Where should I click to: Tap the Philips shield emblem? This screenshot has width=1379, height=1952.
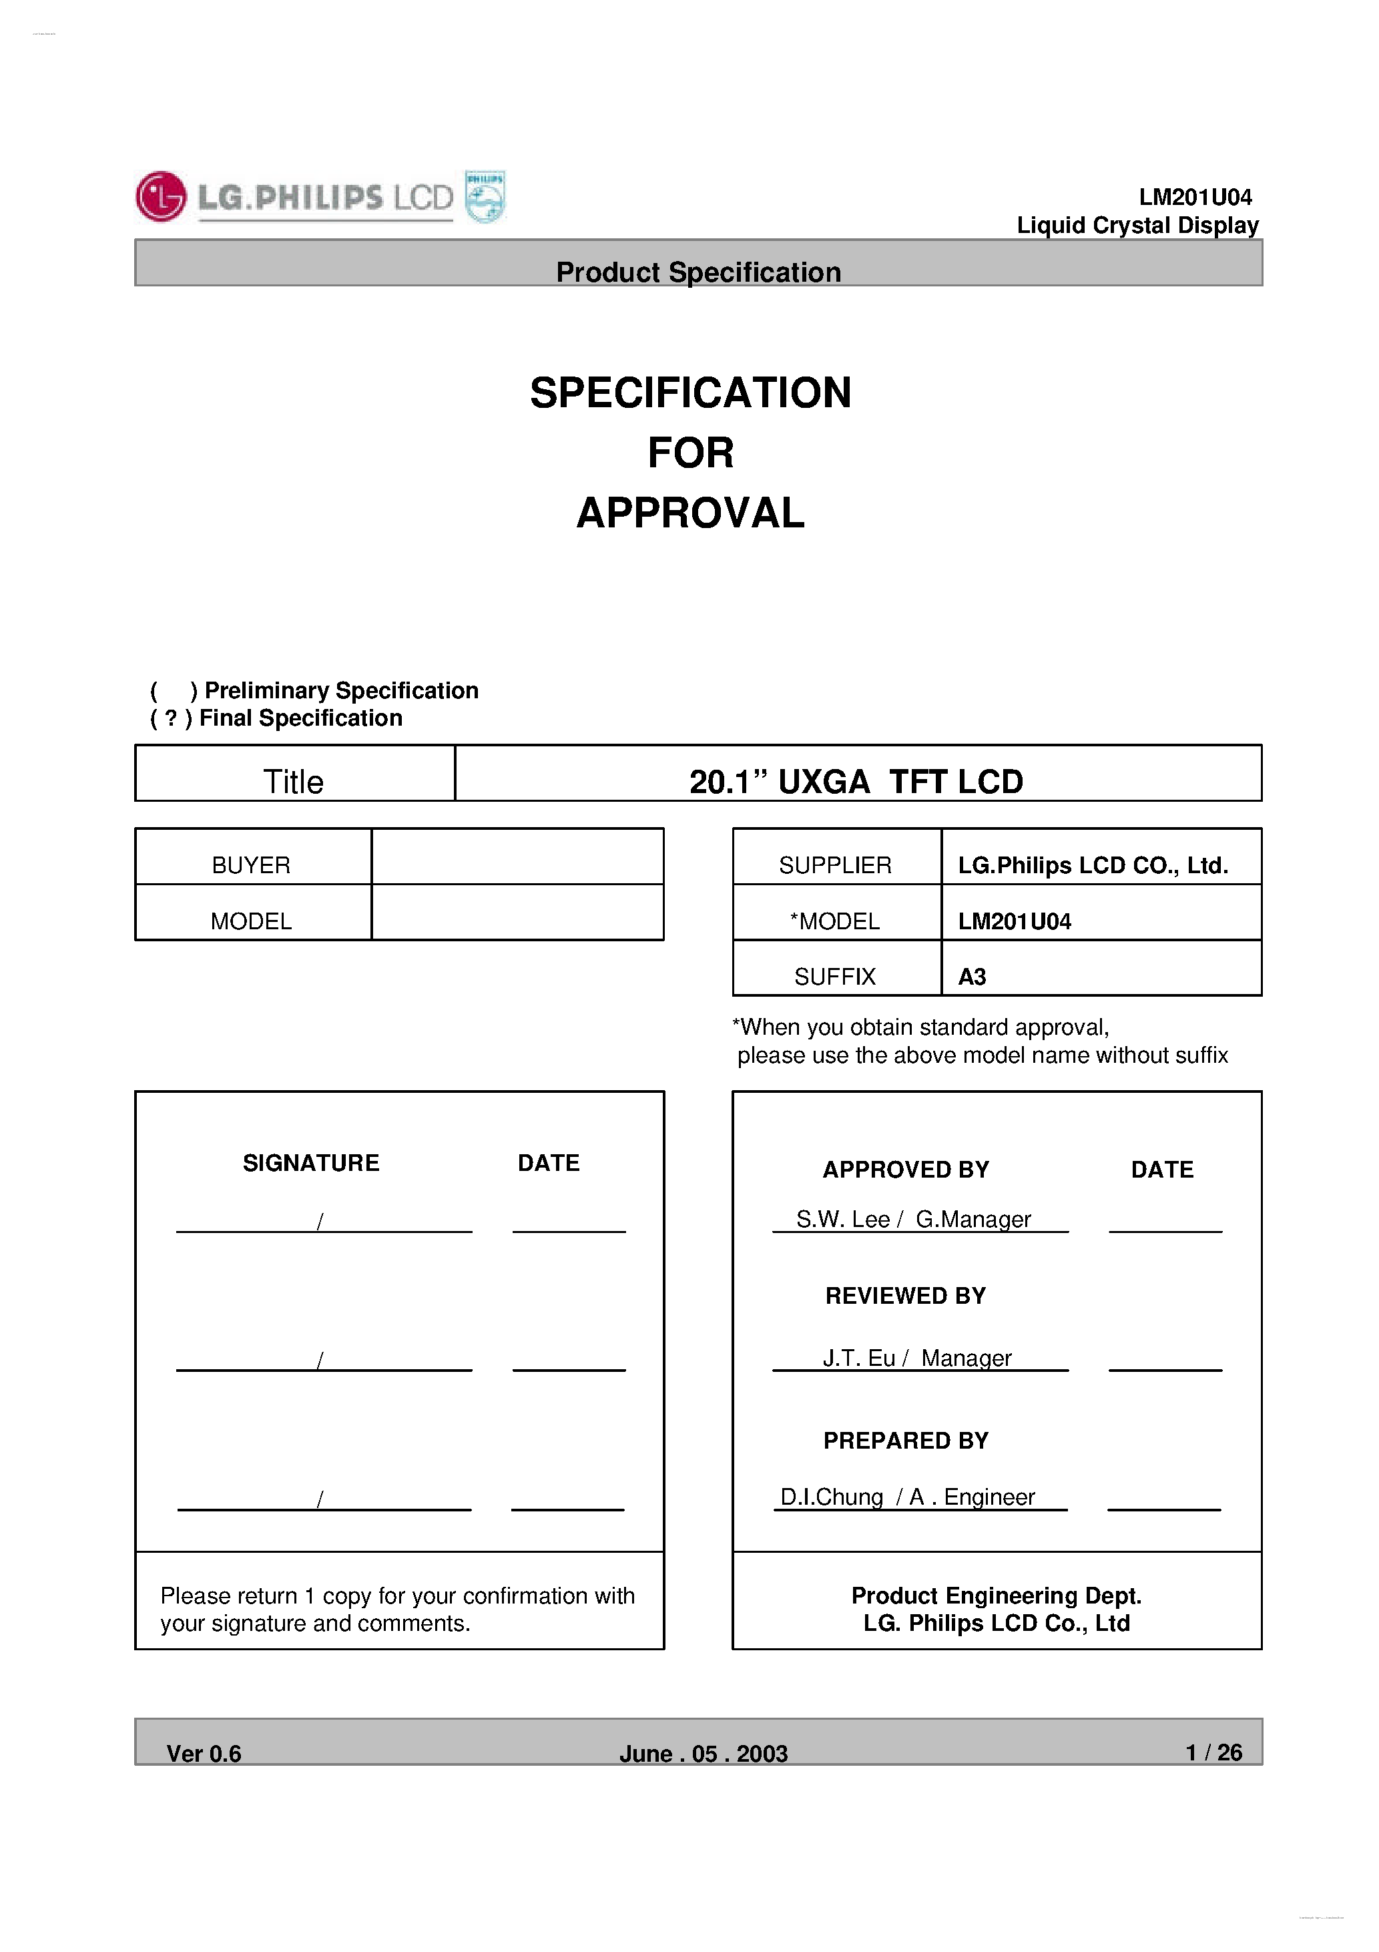pyautogui.click(x=485, y=196)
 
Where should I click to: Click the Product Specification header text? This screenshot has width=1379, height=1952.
pyautogui.click(x=698, y=272)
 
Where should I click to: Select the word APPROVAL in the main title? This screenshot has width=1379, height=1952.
pyautogui.click(x=690, y=513)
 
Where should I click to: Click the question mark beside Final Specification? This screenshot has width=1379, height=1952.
pyautogui.click(x=171, y=718)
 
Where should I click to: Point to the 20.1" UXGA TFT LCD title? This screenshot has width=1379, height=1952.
pyautogui.click(x=856, y=781)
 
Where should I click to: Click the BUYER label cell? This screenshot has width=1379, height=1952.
pyautogui.click(x=251, y=865)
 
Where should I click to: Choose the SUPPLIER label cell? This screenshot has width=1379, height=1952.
pyautogui.click(x=835, y=865)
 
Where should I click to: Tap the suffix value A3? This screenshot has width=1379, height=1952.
pyautogui.click(x=972, y=977)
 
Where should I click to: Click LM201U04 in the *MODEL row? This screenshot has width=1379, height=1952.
pyautogui.click(x=1015, y=921)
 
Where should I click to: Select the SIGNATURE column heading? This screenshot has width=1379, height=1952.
pyautogui.click(x=311, y=1163)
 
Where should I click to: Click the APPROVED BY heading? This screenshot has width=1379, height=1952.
pyautogui.click(x=906, y=1170)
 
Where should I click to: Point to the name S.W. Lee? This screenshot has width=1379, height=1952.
pyautogui.click(x=842, y=1219)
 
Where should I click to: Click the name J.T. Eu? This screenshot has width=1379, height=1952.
pyautogui.click(x=858, y=1358)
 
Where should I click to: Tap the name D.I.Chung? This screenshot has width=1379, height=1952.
pyautogui.click(x=832, y=1497)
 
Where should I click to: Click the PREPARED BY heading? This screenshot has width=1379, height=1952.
pyautogui.click(x=906, y=1440)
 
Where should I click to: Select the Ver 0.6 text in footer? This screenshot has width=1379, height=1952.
pyautogui.click(x=204, y=1754)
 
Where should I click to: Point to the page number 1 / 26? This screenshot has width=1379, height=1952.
pyautogui.click(x=1214, y=1752)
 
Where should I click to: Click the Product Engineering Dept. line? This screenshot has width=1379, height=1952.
pyautogui.click(x=997, y=1595)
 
